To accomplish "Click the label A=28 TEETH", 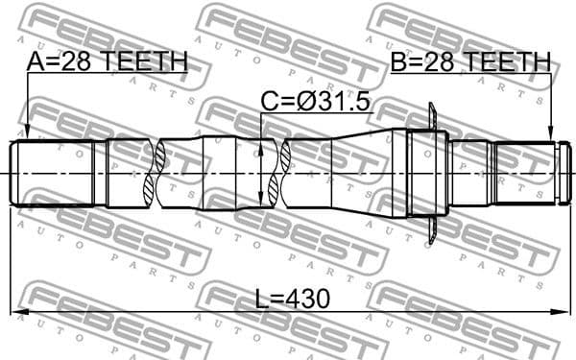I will click(106, 62).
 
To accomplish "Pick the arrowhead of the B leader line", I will click(551, 137).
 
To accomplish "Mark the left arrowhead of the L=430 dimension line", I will click(16, 311).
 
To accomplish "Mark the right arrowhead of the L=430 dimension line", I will click(560, 311).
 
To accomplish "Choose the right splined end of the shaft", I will click(525, 173).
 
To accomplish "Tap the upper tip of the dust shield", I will click(433, 108).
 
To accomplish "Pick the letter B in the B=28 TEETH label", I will click(397, 62).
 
